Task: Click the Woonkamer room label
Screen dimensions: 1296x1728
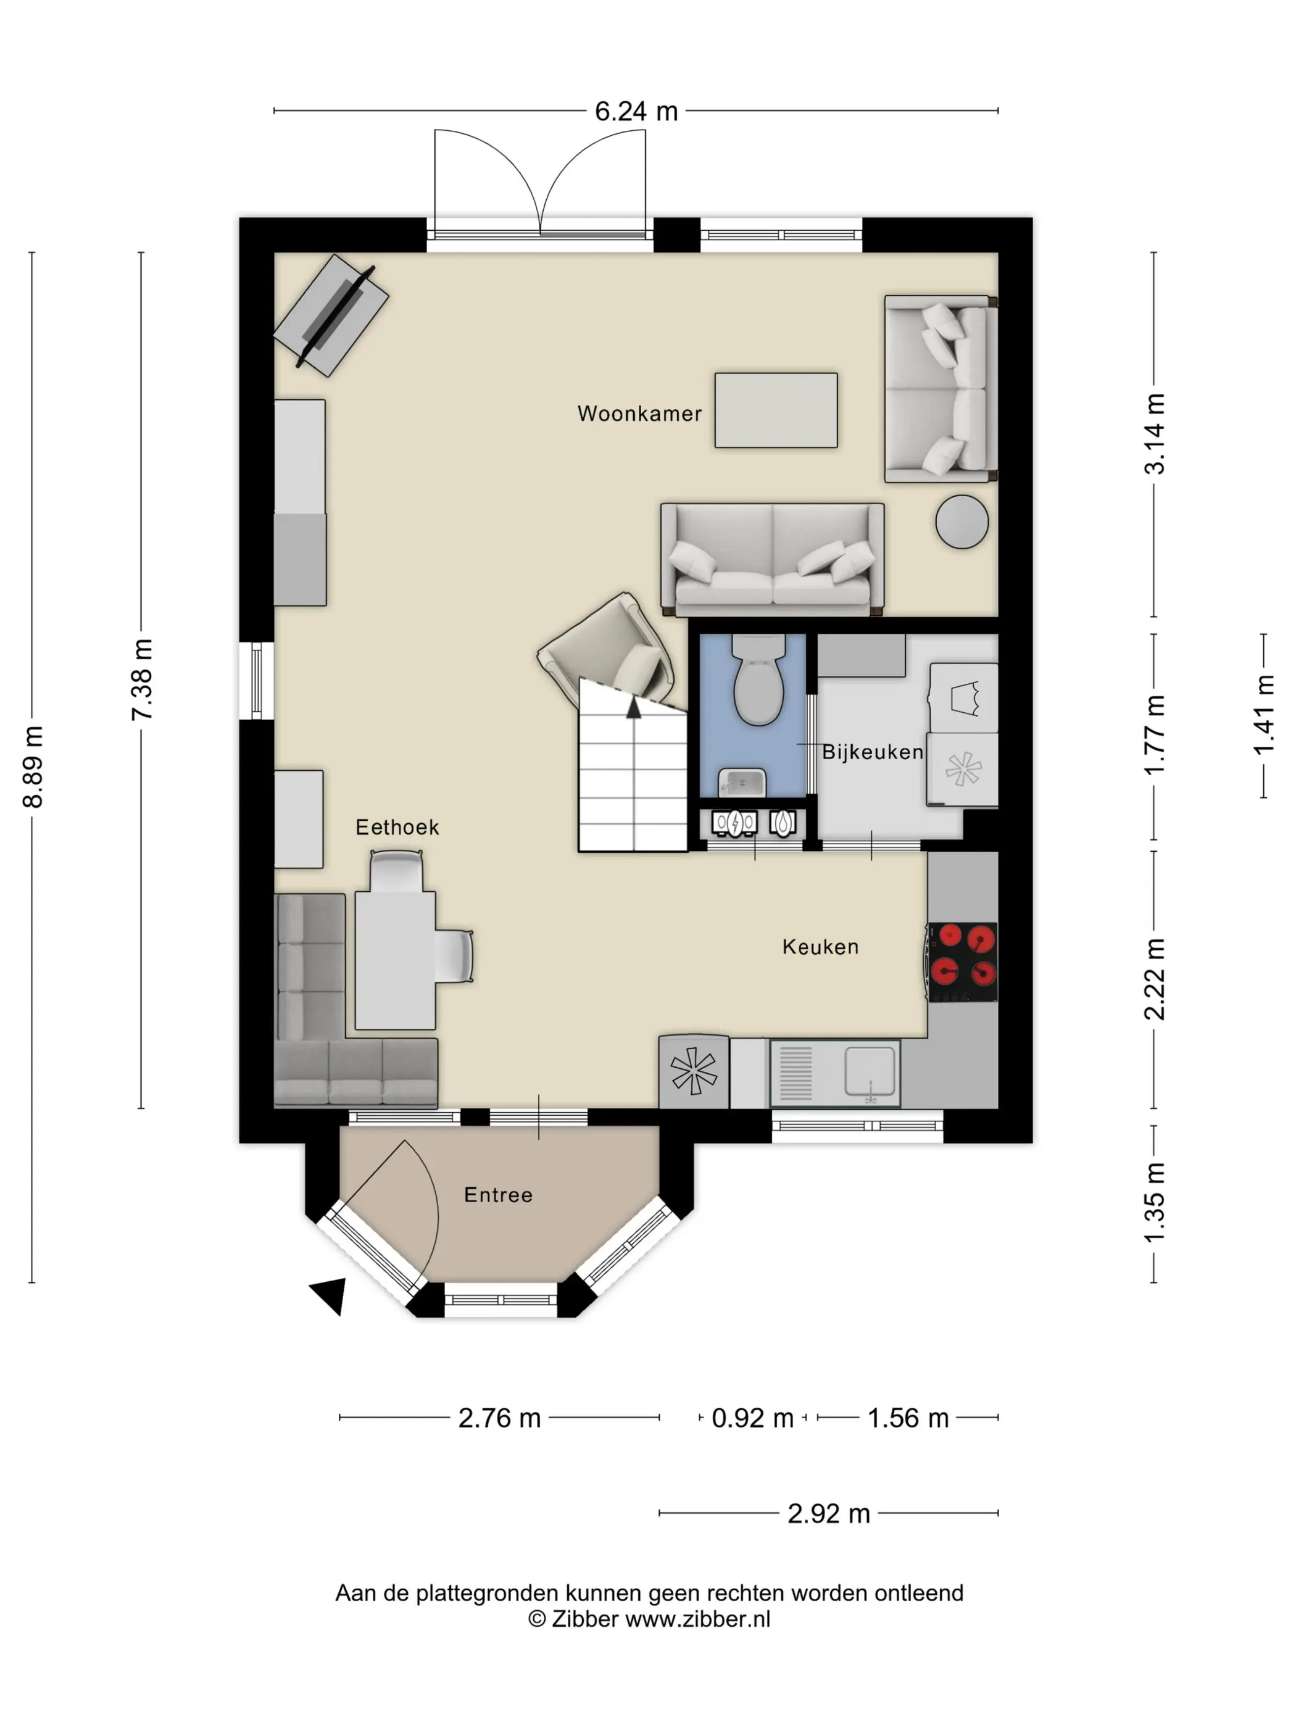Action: click(x=639, y=413)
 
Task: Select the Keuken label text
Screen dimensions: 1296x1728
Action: click(x=820, y=946)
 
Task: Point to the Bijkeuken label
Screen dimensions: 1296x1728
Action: click(x=873, y=752)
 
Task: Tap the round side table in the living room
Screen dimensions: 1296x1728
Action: click(x=962, y=522)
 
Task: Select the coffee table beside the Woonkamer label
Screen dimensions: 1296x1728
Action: click(x=776, y=410)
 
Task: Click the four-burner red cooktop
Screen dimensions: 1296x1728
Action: click(x=962, y=962)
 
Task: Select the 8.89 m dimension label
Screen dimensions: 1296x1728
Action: click(x=33, y=766)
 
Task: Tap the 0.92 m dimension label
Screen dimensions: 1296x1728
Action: click(x=752, y=1418)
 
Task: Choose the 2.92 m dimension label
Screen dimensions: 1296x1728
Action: click(x=828, y=1514)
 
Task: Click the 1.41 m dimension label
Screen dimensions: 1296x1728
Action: click(x=1263, y=715)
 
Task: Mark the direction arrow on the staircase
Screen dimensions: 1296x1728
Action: click(x=634, y=708)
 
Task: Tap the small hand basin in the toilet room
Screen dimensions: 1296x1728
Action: click(x=742, y=782)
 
